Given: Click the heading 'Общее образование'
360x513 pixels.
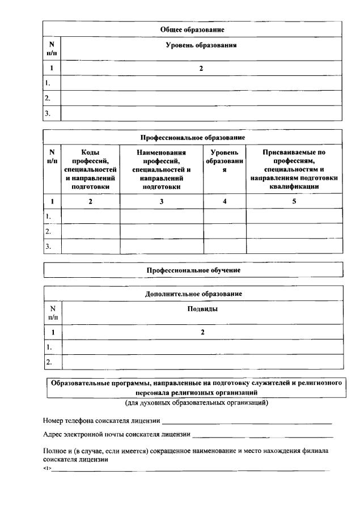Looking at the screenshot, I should (193, 29).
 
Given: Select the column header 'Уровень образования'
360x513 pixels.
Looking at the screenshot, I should (201, 45).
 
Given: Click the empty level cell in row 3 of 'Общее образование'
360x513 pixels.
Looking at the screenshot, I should (201, 113).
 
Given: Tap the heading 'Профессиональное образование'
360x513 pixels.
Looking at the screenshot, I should (193, 137).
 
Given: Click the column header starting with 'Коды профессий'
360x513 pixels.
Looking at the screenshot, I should (90, 169).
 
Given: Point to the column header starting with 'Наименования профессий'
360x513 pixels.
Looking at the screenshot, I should (162, 169).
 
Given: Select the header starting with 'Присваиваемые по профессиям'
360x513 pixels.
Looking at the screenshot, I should (294, 169).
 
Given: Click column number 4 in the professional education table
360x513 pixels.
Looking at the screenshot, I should (225, 201).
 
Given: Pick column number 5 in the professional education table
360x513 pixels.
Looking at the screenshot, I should (294, 201).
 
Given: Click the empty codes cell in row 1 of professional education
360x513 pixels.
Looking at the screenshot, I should (90, 216).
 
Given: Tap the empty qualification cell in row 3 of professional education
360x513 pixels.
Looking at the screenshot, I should (294, 247).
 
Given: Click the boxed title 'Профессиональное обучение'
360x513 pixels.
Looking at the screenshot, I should (193, 270).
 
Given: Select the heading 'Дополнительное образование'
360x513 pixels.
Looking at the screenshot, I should (193, 294).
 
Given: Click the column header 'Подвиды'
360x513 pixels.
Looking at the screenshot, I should (202, 309).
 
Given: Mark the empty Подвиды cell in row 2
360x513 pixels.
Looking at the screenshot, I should (202, 362).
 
